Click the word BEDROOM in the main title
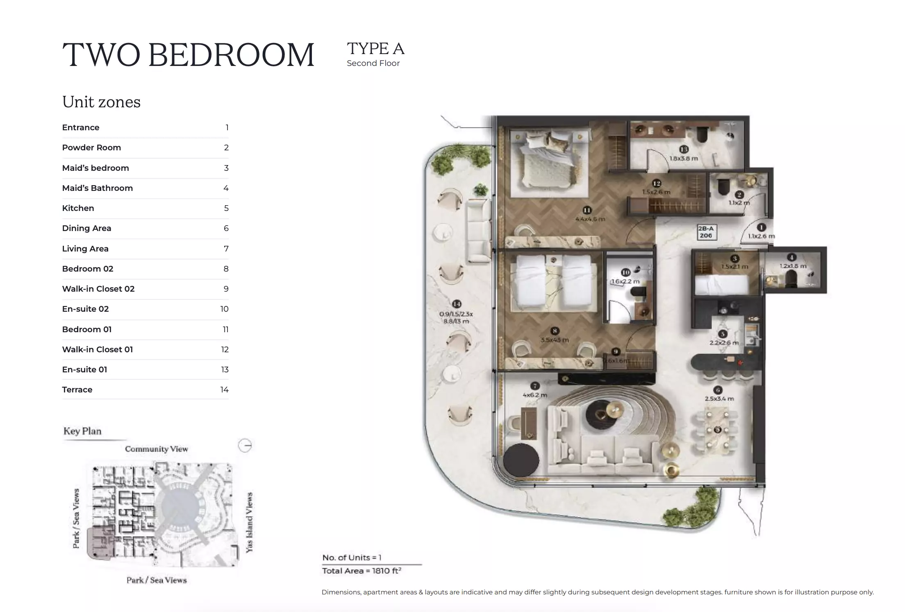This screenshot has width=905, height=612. pyautogui.click(x=231, y=55)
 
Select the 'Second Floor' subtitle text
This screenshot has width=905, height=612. pyautogui.click(x=373, y=63)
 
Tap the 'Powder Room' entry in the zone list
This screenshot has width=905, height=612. pyautogui.click(x=91, y=147)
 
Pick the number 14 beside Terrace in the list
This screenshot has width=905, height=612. pyautogui.click(x=224, y=390)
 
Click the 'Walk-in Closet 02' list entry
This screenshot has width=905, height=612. pyautogui.click(x=98, y=289)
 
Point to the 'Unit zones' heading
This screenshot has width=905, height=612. pyautogui.click(x=101, y=102)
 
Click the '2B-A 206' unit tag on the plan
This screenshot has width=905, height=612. pyautogui.click(x=706, y=232)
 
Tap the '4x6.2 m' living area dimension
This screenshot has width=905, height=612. pyautogui.click(x=535, y=395)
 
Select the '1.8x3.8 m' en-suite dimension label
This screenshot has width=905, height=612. pyautogui.click(x=683, y=159)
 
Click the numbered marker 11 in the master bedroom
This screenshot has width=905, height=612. pyautogui.click(x=587, y=210)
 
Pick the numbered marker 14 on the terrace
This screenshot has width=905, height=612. pyautogui.click(x=457, y=304)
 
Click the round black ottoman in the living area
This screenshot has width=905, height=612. pyautogui.click(x=521, y=460)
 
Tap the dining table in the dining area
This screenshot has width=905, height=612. pyautogui.click(x=717, y=430)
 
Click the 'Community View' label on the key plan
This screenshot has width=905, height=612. pyautogui.click(x=156, y=449)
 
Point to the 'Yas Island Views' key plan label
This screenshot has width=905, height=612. pyautogui.click(x=249, y=522)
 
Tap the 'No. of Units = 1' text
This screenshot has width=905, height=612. pyautogui.click(x=352, y=558)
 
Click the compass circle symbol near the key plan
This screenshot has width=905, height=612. pyautogui.click(x=245, y=446)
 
